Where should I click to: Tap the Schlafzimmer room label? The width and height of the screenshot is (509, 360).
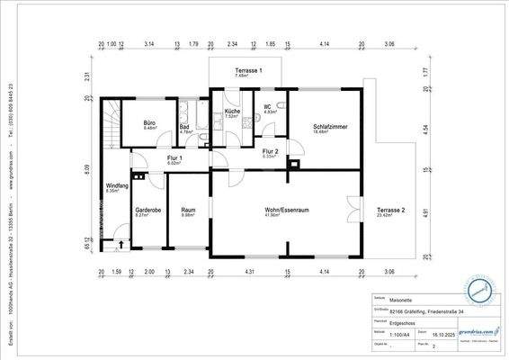(x=330, y=128)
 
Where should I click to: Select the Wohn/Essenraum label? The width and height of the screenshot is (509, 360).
(x=287, y=210)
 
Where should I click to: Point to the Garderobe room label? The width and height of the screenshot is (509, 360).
(x=147, y=210)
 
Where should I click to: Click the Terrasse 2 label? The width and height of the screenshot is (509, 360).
(x=390, y=210)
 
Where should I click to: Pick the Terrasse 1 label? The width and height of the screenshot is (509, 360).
(x=247, y=70)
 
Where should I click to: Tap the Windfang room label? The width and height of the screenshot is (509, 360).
(x=117, y=185)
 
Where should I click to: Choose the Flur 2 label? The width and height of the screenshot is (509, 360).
(x=270, y=151)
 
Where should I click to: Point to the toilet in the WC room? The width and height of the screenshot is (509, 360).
(x=281, y=105)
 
